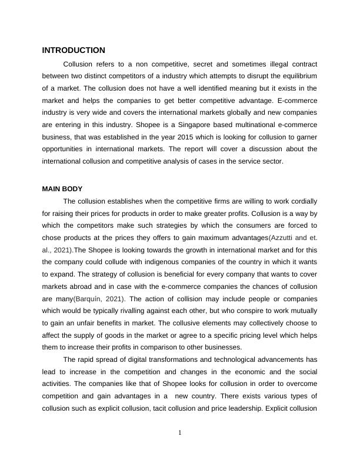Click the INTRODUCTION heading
(74, 51)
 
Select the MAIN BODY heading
(62, 189)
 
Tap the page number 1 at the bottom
(180, 434)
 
